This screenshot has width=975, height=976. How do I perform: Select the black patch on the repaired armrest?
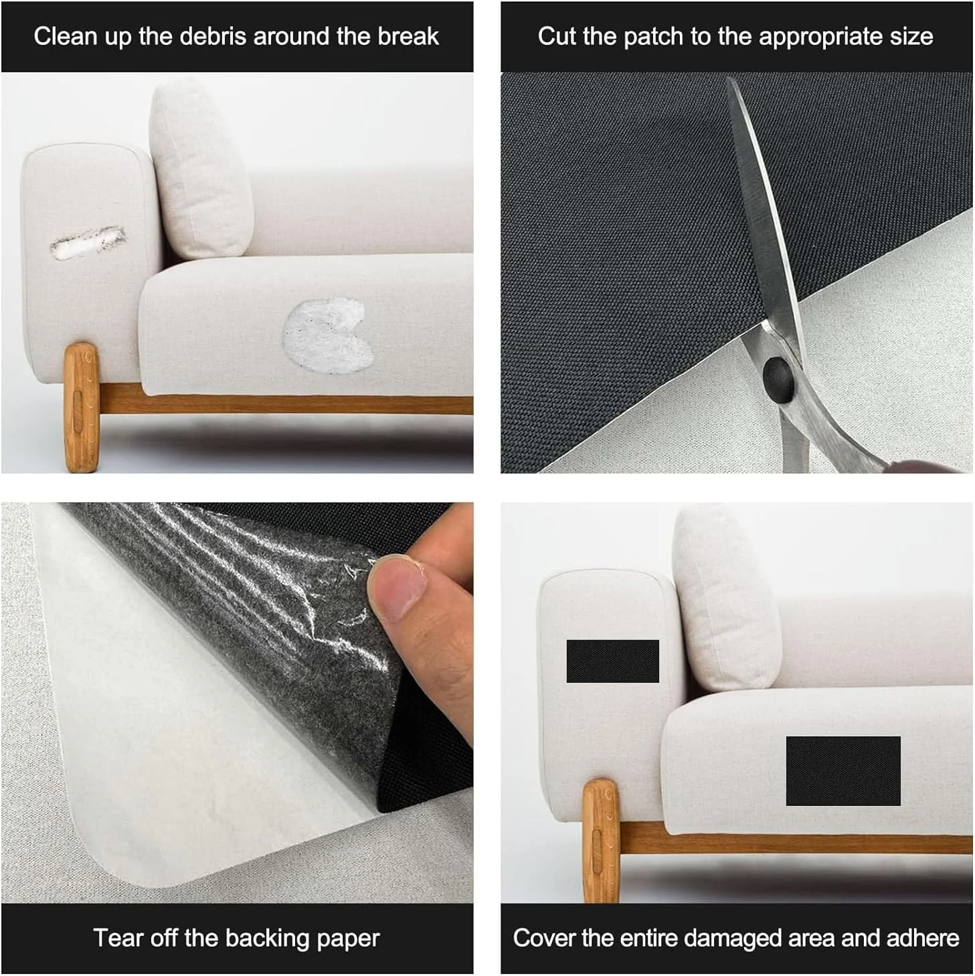pos(612,661)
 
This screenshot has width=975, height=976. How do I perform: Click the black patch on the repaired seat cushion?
pos(843,771)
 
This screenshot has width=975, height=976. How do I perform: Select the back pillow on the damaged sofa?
pos(201,169)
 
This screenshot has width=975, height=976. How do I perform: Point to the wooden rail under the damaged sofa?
pos(286,404)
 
